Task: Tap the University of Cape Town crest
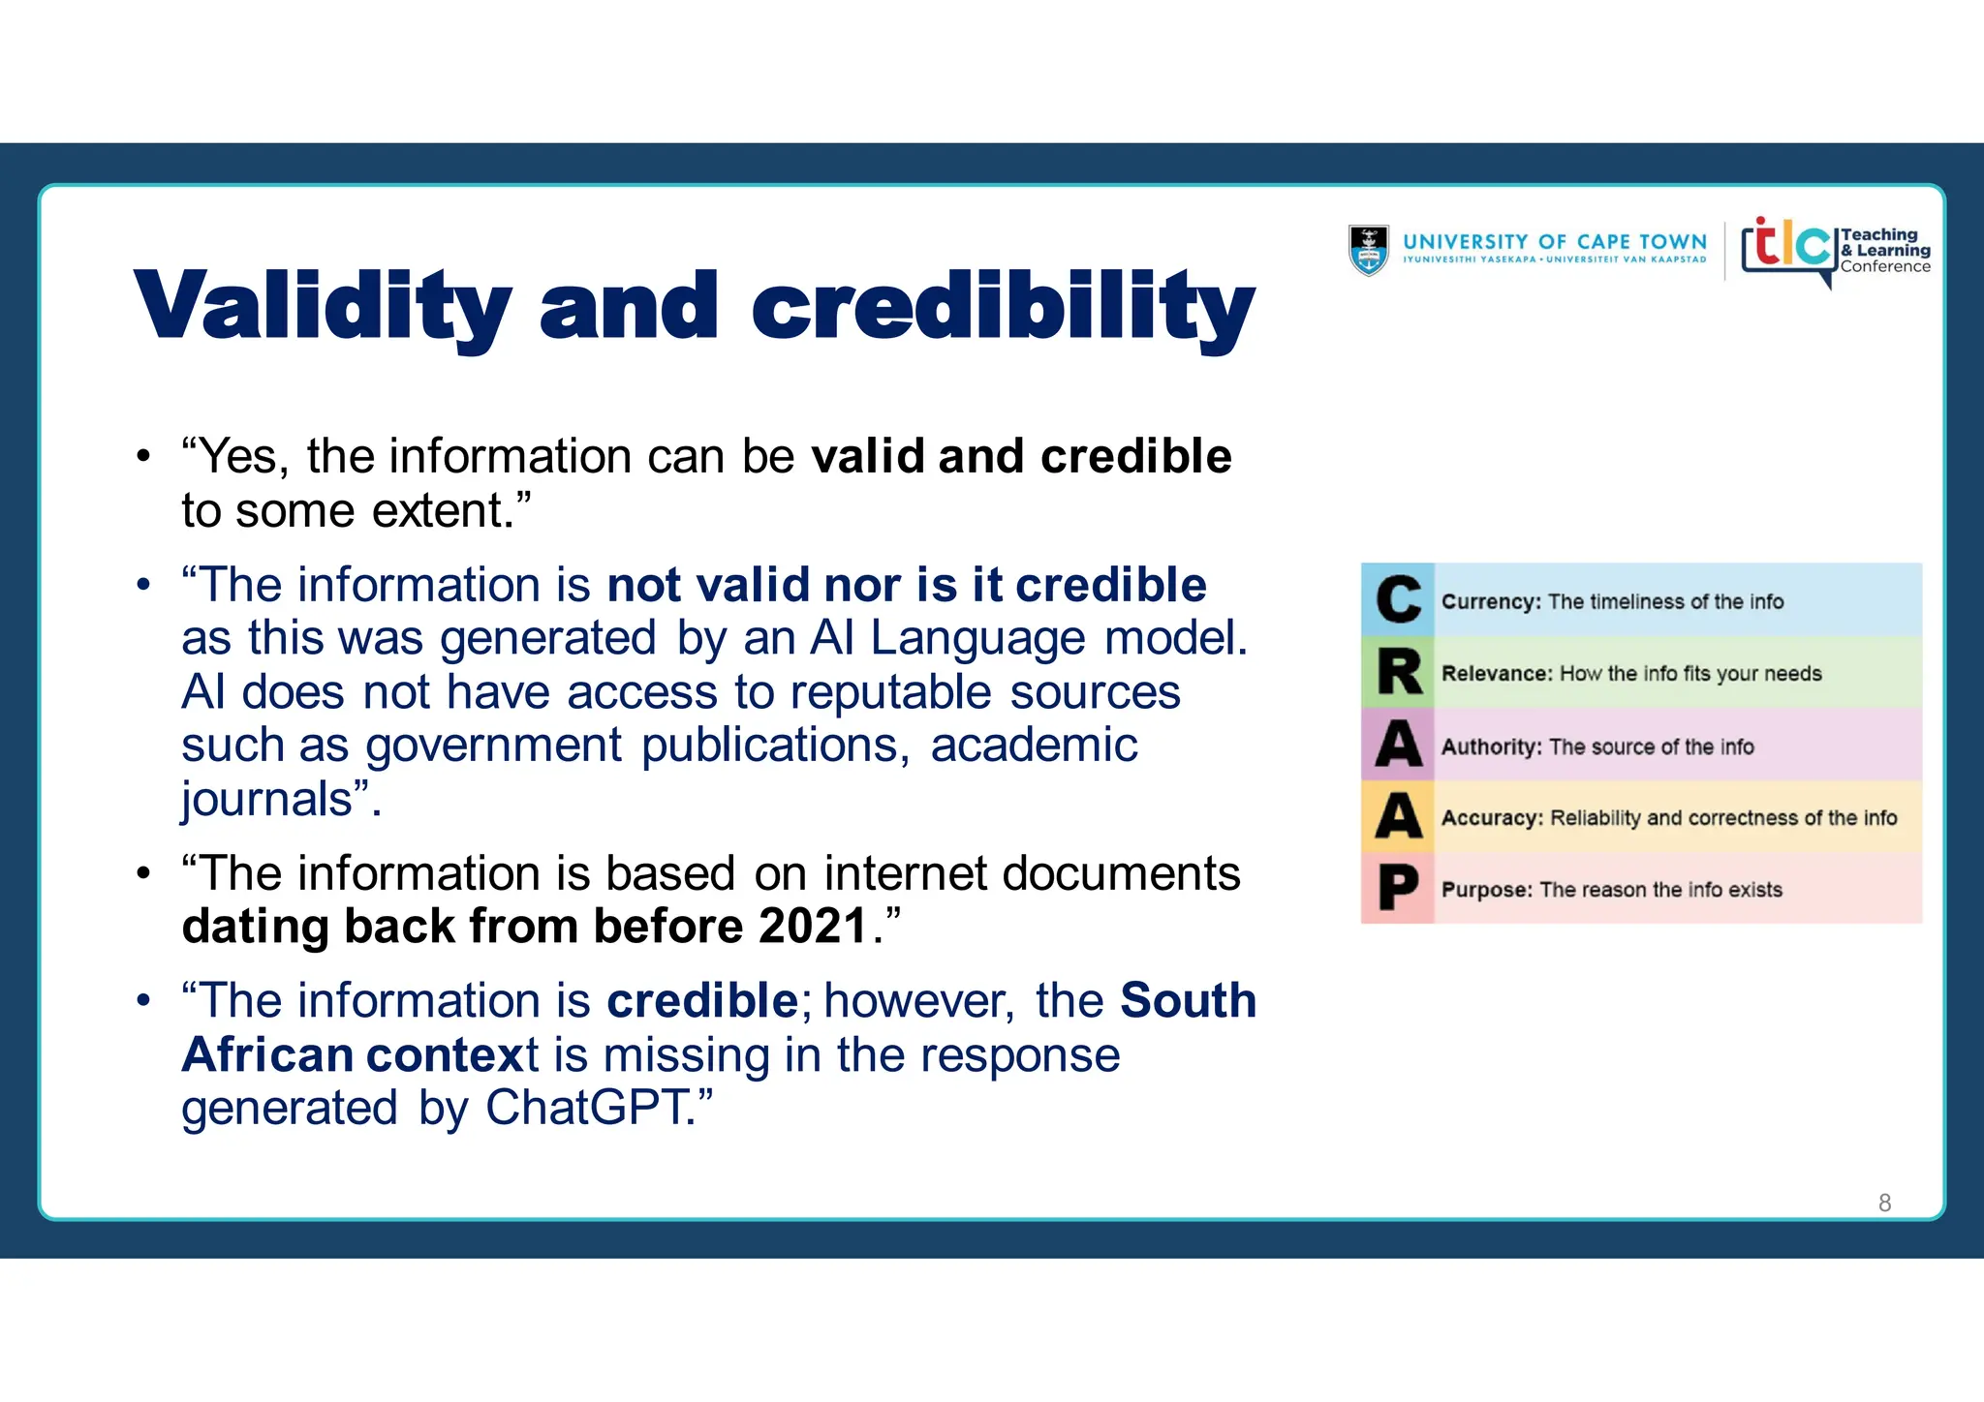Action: pyautogui.click(x=1368, y=251)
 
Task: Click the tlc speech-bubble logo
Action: pyautogui.click(x=1788, y=248)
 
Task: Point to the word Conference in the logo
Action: pyautogui.click(x=1885, y=267)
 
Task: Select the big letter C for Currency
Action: pyautogui.click(x=1398, y=600)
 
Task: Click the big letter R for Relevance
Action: pyautogui.click(x=1398, y=672)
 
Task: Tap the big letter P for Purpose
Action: pyautogui.click(x=1398, y=889)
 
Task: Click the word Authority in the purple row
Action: pyautogui.click(x=1490, y=747)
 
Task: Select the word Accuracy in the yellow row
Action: pyautogui.click(x=1491, y=818)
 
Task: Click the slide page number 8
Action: pyautogui.click(x=1884, y=1203)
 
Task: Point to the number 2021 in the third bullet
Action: pyautogui.click(x=813, y=927)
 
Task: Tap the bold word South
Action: pyautogui.click(x=1188, y=1000)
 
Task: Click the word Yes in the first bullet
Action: pyautogui.click(x=242, y=456)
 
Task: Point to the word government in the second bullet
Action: pyautogui.click(x=493, y=747)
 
